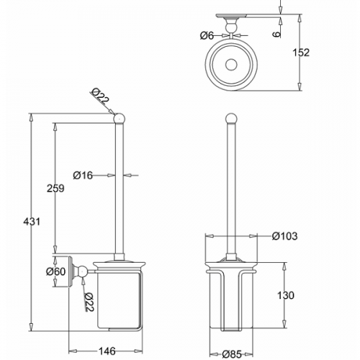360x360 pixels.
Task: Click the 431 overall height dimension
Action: coord(32,222)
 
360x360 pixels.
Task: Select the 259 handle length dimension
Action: coord(55,188)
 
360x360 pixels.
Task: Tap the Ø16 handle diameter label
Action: coord(83,176)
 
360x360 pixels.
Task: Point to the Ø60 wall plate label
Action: coord(55,271)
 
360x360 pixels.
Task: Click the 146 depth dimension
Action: coord(107,351)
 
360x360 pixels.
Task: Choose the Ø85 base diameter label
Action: coord(232,354)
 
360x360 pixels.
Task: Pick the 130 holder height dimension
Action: coord(286,295)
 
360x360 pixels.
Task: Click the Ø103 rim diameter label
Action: coord(284,236)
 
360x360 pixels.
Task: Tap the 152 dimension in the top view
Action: coord(301,53)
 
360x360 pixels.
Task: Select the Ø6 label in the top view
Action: coord(207,36)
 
